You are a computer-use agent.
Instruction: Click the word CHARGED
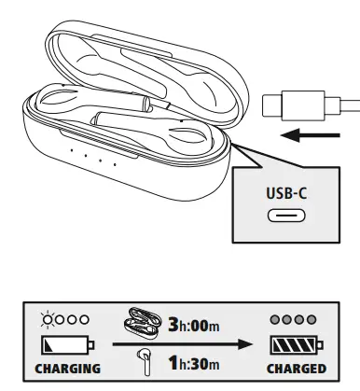tap(296, 369)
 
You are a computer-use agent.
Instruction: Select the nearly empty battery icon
tap(61, 345)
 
